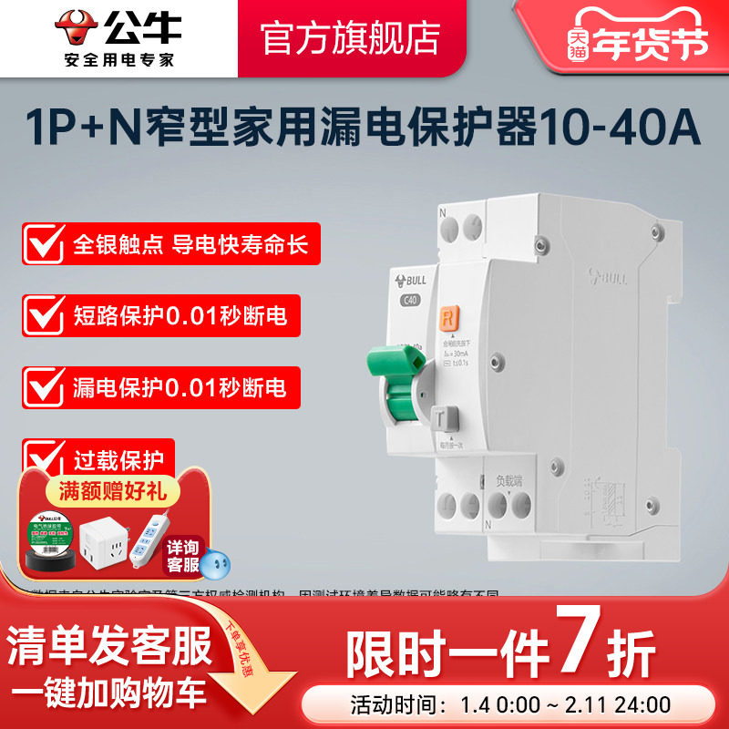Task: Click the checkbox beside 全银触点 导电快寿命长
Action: [43, 246]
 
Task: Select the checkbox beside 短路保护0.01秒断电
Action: [43, 316]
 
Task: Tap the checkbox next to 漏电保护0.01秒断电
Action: [43, 385]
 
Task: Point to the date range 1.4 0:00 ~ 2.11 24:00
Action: [570, 704]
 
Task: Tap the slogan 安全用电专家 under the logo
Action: [120, 59]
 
